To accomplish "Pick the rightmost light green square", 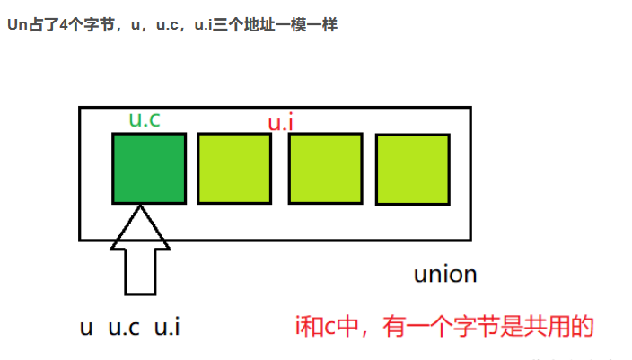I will [x=412, y=169].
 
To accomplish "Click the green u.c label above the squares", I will [x=145, y=120].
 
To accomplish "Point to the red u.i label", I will [x=281, y=123].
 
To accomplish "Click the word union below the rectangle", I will [x=444, y=274].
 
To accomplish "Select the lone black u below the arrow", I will [x=87, y=328].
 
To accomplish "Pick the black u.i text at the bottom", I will [x=168, y=328].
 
